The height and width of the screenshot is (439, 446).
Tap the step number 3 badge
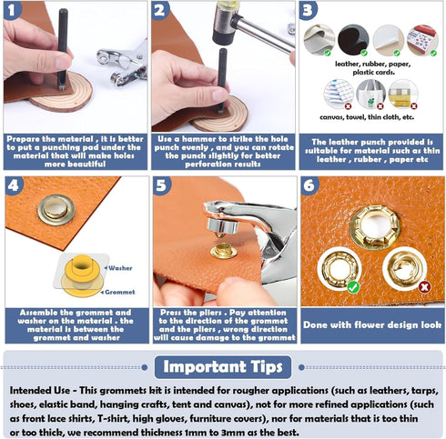tap(309, 12)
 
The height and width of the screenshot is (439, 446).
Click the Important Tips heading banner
tap(223, 366)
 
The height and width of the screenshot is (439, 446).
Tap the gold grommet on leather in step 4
tap(55, 209)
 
